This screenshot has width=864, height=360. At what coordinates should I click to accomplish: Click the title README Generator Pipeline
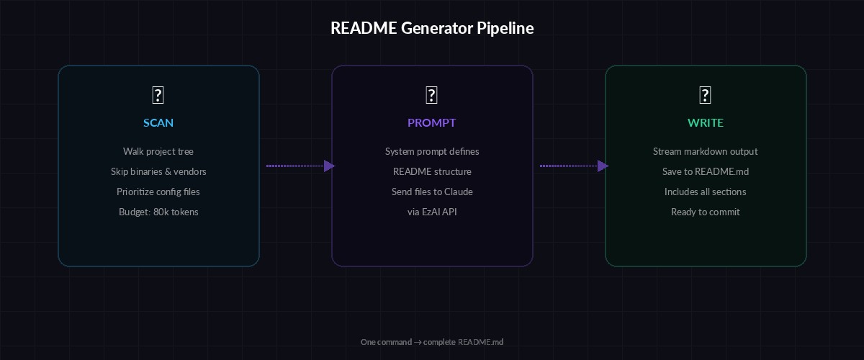(432, 28)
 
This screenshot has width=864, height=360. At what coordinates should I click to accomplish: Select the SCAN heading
(158, 122)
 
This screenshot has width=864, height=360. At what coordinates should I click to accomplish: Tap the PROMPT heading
(432, 122)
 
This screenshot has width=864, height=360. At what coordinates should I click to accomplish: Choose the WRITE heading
(706, 122)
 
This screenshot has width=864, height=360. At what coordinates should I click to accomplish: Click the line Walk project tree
(158, 151)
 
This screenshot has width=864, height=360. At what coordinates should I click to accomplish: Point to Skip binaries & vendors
(158, 171)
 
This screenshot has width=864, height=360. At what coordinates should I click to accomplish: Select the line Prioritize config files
(158, 192)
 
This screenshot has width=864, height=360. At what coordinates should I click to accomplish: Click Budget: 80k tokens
(158, 212)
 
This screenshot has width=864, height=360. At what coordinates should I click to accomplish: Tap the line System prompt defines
(432, 151)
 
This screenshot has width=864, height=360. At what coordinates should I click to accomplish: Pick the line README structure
(432, 171)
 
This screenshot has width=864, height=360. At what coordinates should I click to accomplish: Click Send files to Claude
(432, 192)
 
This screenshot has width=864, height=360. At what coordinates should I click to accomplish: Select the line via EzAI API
(432, 212)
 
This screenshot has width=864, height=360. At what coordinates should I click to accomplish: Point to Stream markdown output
(706, 151)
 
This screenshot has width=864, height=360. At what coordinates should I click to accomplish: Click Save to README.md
(706, 171)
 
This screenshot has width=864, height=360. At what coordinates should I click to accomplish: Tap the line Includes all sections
(706, 192)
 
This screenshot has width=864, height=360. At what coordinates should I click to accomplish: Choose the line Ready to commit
(706, 212)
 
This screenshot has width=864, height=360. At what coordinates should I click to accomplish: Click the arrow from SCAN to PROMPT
(300, 166)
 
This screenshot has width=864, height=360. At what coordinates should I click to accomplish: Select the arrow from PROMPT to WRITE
(573, 166)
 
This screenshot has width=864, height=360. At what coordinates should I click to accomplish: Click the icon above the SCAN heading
(158, 95)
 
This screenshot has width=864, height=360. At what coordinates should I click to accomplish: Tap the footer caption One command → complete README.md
(432, 342)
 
